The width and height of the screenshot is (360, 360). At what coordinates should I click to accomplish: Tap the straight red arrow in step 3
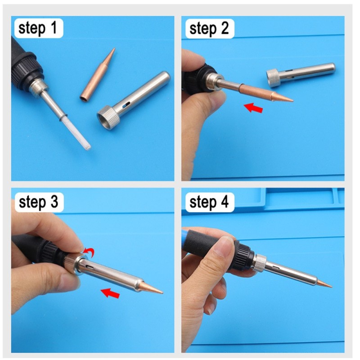tap(110, 293)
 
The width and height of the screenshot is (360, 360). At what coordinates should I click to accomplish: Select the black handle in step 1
tap(25, 58)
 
